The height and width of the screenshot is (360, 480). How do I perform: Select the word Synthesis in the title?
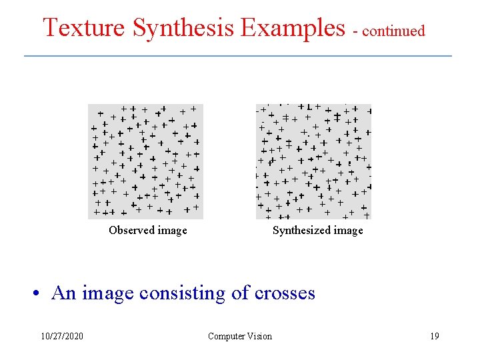point(183,28)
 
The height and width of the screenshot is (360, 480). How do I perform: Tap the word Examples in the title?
point(293,28)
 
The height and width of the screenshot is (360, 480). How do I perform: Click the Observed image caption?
point(148,231)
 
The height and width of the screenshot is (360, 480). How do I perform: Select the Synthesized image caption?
point(318,231)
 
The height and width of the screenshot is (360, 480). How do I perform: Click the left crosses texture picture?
point(146,162)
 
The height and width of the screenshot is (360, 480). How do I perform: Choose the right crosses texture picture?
point(313,162)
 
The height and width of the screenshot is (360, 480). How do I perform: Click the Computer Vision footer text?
point(240,336)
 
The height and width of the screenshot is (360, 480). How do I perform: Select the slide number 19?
point(435,336)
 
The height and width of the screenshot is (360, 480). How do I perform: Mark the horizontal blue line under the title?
point(238,56)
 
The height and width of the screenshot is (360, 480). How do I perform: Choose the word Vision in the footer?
point(259,336)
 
